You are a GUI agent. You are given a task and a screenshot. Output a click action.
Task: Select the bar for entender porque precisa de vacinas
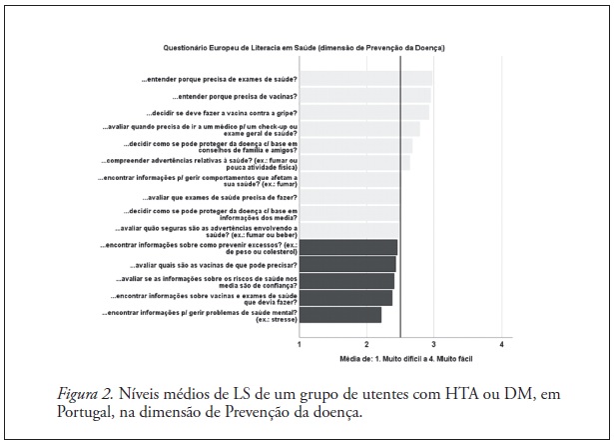(x=365, y=96)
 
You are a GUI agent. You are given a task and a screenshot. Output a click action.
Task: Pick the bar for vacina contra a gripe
(x=364, y=113)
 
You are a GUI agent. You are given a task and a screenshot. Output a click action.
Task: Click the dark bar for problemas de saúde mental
(x=340, y=315)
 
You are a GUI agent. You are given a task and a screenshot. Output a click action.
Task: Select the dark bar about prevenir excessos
(x=348, y=247)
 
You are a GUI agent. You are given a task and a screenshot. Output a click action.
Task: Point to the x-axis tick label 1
(x=301, y=343)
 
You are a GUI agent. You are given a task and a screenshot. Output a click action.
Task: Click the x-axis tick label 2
(x=366, y=343)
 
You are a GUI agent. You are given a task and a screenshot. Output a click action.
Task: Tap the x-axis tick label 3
(x=433, y=343)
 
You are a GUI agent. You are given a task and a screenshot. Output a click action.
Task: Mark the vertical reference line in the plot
(x=399, y=200)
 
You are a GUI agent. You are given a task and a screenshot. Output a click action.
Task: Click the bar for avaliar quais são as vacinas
(x=347, y=264)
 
